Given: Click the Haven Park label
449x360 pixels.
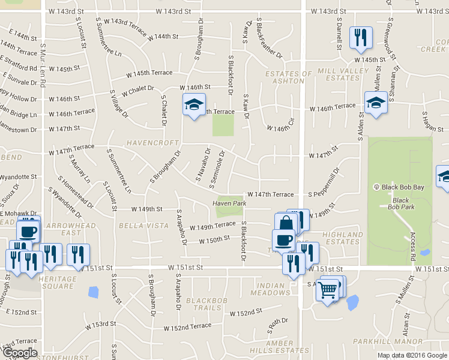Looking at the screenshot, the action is pos(229,203).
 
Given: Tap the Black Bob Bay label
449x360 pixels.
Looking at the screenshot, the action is pos(403,187).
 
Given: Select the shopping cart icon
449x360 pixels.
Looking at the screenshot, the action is pos(328,290).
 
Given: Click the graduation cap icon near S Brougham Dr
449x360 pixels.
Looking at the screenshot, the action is pos(194,104).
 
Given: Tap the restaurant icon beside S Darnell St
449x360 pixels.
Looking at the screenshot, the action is pos(360,37).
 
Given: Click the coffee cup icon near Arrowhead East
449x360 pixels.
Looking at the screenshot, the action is pos(28,230).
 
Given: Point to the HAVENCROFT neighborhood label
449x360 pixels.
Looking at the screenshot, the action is pos(152,143).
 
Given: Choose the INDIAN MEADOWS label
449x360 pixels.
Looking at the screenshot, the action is pos(273,289).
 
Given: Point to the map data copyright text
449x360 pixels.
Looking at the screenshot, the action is pos(412,355).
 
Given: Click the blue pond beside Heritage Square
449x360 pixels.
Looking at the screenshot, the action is pos(92,292).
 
